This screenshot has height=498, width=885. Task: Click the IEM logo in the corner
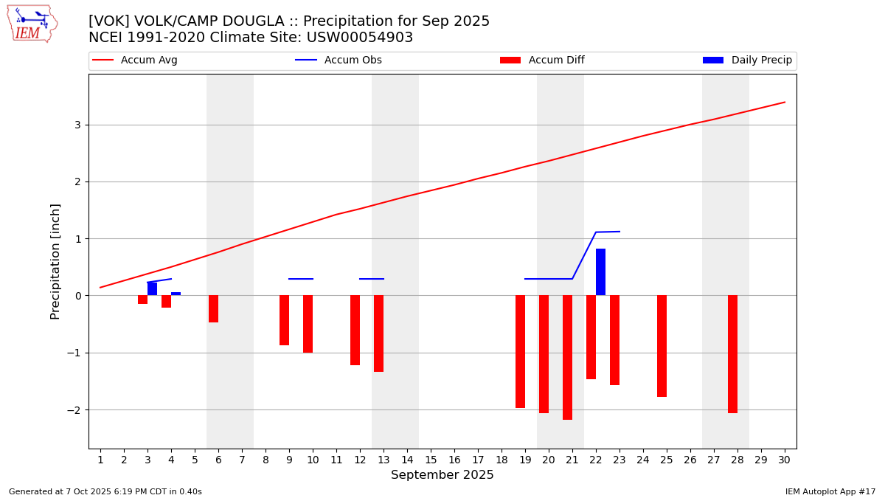32,24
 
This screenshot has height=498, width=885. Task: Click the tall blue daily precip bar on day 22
600,272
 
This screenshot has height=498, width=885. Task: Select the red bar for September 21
567,357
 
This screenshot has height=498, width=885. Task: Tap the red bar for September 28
732,354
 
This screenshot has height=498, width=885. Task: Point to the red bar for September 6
213,308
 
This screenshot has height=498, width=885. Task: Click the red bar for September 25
662,346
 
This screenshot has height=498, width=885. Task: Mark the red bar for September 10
308,324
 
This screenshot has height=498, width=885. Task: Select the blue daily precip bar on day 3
152,288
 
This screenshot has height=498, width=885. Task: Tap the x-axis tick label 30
784,460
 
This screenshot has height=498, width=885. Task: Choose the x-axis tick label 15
431,460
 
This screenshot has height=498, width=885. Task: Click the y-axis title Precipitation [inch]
55,261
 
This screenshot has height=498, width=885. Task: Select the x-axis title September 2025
442,475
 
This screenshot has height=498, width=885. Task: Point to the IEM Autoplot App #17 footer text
830,491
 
